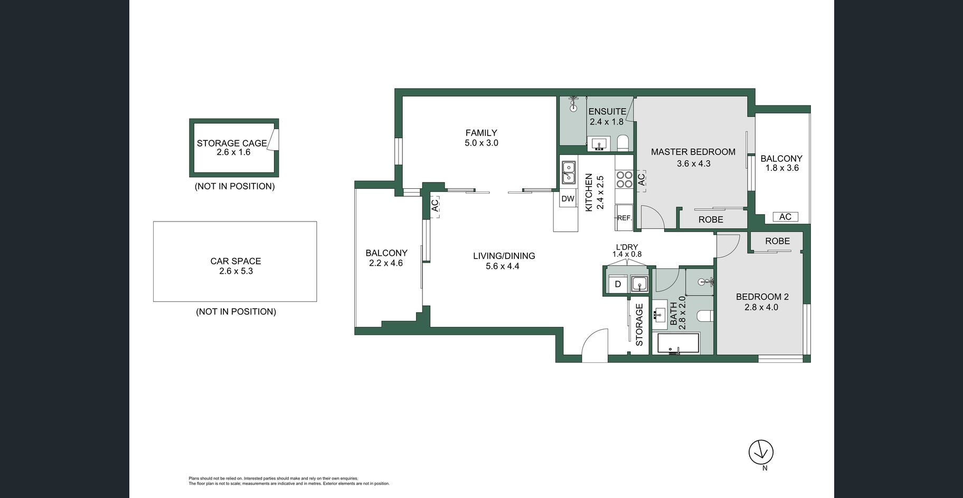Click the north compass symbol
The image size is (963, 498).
tap(761, 452)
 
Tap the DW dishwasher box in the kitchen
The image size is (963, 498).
tap(568, 199)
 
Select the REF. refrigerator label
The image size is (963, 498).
tap(624, 218)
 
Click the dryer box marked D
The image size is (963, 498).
tap(618, 284)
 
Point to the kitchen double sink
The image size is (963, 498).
tap(568, 172)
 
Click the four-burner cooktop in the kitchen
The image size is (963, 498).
tap(624, 179)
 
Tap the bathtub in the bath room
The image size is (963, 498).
tap(678, 343)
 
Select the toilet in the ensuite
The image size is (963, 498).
tap(623, 143)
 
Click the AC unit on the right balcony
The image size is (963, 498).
tap(785, 217)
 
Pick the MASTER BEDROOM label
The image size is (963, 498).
tap(693, 152)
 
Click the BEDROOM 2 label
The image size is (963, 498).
tap(762, 297)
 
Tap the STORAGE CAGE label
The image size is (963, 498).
tap(232, 143)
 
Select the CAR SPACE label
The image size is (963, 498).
tap(235, 261)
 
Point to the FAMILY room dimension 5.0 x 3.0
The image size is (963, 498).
tap(481, 143)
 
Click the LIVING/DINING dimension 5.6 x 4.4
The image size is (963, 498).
tap(503, 266)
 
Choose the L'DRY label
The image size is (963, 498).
tap(627, 247)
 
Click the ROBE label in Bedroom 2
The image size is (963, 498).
tap(778, 241)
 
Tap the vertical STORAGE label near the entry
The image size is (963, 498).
tap(639, 325)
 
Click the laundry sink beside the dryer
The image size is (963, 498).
tap(639, 284)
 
